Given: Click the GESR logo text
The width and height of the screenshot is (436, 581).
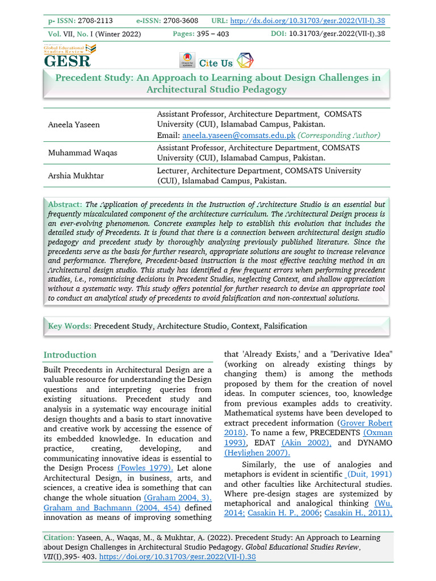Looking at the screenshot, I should click(67, 61).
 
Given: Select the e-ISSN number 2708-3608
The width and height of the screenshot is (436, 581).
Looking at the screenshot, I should click(181, 20).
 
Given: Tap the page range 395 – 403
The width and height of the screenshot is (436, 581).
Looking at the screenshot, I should click(213, 34).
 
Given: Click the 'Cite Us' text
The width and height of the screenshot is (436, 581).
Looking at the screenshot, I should click(216, 63).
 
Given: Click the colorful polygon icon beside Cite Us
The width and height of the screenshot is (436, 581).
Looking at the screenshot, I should click(245, 60).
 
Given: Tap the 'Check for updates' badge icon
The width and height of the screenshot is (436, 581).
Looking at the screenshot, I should click(186, 60).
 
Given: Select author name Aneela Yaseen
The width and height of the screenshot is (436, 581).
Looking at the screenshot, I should click(73, 124).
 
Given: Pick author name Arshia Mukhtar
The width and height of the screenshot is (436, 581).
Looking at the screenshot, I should click(75, 176).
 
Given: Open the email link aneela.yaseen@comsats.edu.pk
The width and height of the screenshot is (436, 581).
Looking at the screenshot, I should click(238, 135).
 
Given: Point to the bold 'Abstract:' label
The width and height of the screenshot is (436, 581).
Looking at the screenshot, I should click(65, 204).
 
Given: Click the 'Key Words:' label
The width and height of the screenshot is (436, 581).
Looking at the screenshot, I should click(69, 326).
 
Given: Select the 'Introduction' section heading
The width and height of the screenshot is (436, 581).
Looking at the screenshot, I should click(70, 355).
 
